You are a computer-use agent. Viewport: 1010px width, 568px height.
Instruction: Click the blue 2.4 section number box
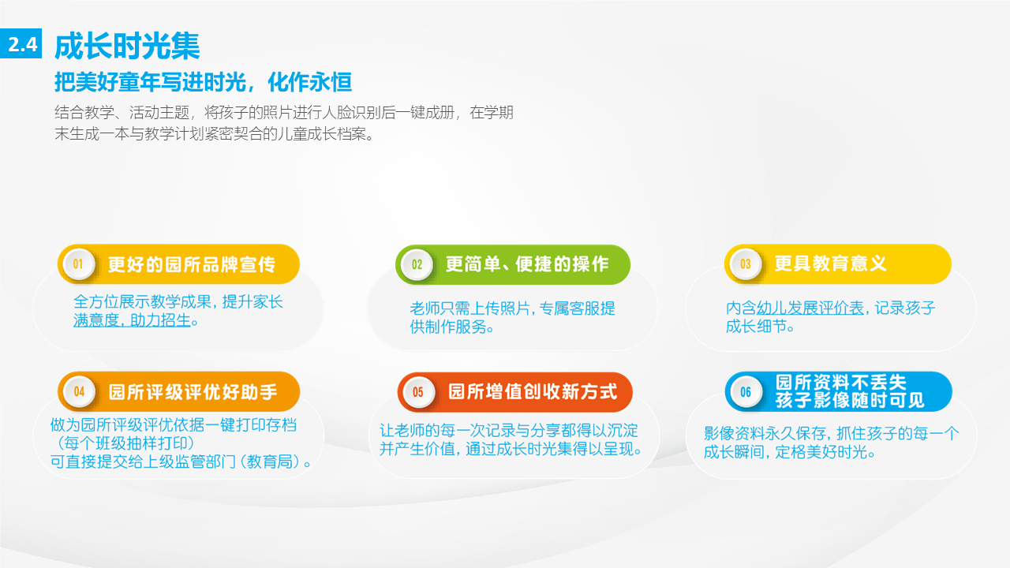pyautogui.click(x=21, y=43)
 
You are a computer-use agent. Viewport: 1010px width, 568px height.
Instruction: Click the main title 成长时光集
pyautogui.click(x=127, y=46)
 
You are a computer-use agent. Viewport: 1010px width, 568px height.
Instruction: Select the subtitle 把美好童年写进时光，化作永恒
pyautogui.click(x=203, y=82)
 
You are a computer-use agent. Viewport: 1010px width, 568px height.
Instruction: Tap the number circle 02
pyautogui.click(x=417, y=264)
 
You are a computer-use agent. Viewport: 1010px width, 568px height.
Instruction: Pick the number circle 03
pyautogui.click(x=746, y=264)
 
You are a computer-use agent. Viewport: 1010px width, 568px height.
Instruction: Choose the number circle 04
pyautogui.click(x=80, y=392)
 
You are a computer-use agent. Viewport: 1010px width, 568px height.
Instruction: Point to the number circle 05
pyautogui.click(x=418, y=392)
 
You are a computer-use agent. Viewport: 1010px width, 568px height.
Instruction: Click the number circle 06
pyautogui.click(x=746, y=392)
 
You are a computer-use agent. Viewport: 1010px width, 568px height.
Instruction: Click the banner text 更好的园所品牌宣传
pyautogui.click(x=192, y=264)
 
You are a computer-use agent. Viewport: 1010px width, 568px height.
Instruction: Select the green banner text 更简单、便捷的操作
pyautogui.click(x=527, y=264)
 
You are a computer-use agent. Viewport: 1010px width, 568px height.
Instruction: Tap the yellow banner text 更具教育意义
pyautogui.click(x=831, y=263)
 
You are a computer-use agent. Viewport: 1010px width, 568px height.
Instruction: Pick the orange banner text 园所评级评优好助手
pyautogui.click(x=193, y=392)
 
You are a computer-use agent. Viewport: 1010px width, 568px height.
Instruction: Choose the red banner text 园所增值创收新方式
pyautogui.click(x=533, y=392)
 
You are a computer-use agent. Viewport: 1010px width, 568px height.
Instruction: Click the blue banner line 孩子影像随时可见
pyautogui.click(x=850, y=400)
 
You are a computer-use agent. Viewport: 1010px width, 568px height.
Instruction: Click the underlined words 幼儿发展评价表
pyautogui.click(x=810, y=308)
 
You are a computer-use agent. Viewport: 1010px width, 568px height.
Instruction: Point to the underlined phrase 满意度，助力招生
pyautogui.click(x=132, y=320)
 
